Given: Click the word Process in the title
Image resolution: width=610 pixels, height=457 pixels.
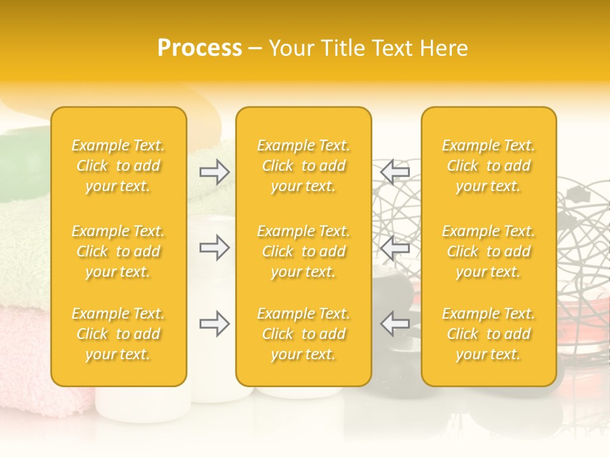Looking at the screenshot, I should (200, 48).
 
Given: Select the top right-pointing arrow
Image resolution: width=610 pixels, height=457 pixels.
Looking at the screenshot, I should (215, 171).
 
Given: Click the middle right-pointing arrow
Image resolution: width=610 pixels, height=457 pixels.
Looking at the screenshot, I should (215, 248).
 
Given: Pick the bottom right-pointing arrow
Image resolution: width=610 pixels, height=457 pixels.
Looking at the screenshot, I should (215, 324).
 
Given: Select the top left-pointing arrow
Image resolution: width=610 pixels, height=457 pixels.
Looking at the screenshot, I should (395, 171).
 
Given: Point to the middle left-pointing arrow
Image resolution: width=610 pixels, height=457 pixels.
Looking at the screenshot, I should (395, 248).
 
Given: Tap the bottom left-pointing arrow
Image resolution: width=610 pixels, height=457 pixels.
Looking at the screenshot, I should (395, 324).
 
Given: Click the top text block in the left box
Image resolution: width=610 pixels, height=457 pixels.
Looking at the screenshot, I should (118, 166).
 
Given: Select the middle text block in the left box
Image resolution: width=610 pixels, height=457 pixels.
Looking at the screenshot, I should (118, 251).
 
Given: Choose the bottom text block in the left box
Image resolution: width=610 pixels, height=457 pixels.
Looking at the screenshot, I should (118, 334).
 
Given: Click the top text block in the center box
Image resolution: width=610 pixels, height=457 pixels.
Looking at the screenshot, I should (303, 166).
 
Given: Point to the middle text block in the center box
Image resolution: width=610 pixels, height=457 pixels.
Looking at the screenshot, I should (303, 251).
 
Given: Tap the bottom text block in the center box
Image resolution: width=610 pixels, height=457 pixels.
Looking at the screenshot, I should (303, 334).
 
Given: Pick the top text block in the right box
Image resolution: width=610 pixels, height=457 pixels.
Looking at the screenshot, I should (488, 166).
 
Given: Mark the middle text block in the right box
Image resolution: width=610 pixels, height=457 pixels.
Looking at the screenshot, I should (488, 251).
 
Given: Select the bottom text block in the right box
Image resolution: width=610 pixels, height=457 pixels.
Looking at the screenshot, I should (488, 334).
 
